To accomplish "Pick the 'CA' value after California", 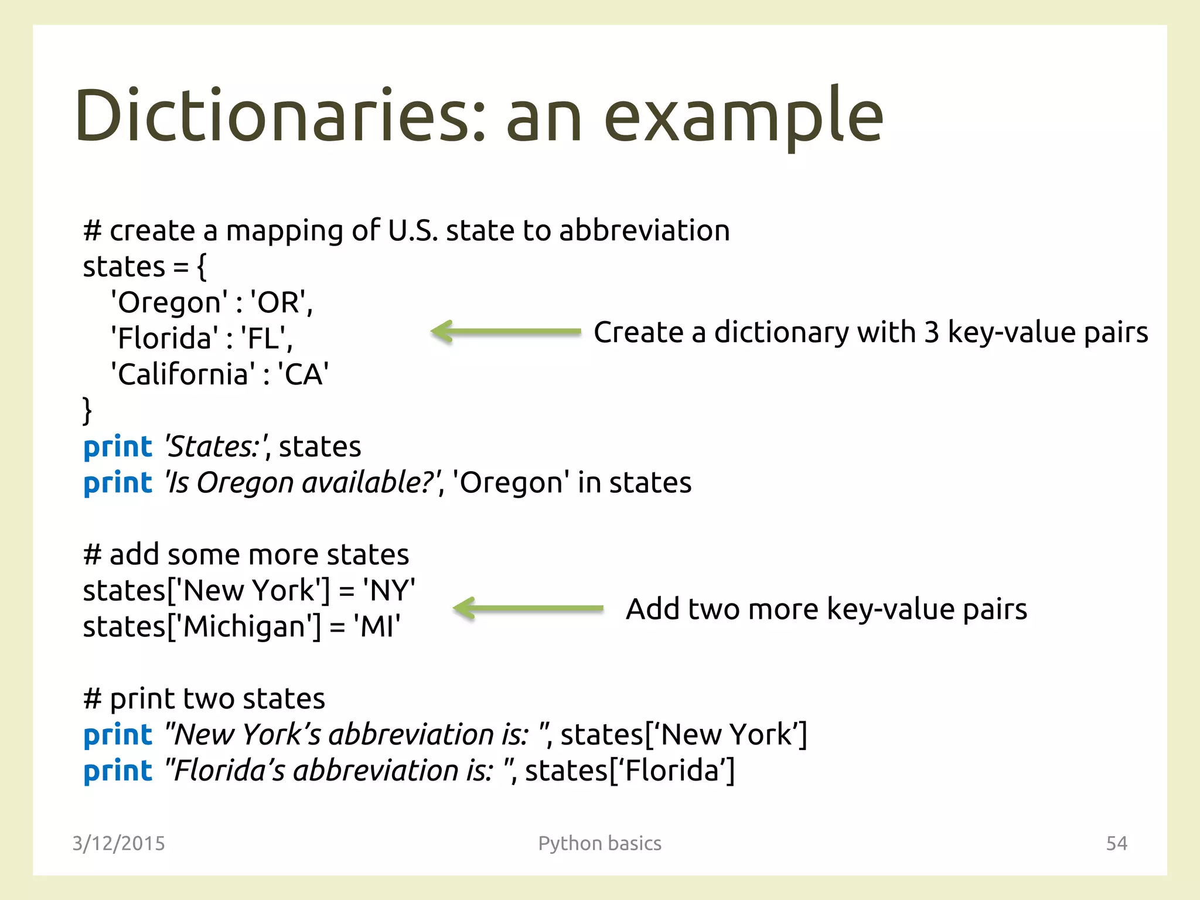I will pyautogui.click(x=303, y=374).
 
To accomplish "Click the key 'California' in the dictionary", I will pyautogui.click(x=183, y=374).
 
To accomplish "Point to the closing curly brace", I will pyautogui.click(x=87, y=410).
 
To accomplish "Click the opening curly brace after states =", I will pyautogui.click(x=202, y=267).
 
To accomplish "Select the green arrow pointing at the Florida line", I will pyautogui.click(x=506, y=332).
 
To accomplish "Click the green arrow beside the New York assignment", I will pyautogui.click(x=528, y=608).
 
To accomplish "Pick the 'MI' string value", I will pyautogui.click(x=377, y=626).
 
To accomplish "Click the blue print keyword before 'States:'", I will pyautogui.click(x=118, y=447).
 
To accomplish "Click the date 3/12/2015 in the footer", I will pyautogui.click(x=118, y=843).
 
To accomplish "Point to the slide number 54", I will pyautogui.click(x=1116, y=843).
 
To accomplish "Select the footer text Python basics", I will pyautogui.click(x=599, y=843).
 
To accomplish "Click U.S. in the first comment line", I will pyautogui.click(x=412, y=230).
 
